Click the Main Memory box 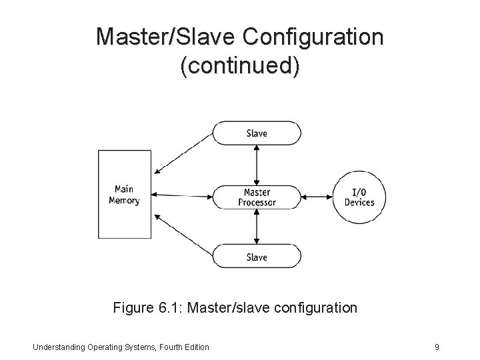pos(125,194)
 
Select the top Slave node pos(256,133)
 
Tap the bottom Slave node pos(256,257)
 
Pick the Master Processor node pos(256,197)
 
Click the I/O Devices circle pos(359,197)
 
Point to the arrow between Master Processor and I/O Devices pos(317,197)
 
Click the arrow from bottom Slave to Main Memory pos(183,235)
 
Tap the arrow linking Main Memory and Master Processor pos(181,195)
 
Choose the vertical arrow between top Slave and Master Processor pos(257,163)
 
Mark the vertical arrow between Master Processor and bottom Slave pos(257,227)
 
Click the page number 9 pos(436,347)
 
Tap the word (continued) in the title pos(240,67)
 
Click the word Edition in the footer pos(195,347)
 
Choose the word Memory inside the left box pos(125,200)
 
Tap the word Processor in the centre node pos(257,203)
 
